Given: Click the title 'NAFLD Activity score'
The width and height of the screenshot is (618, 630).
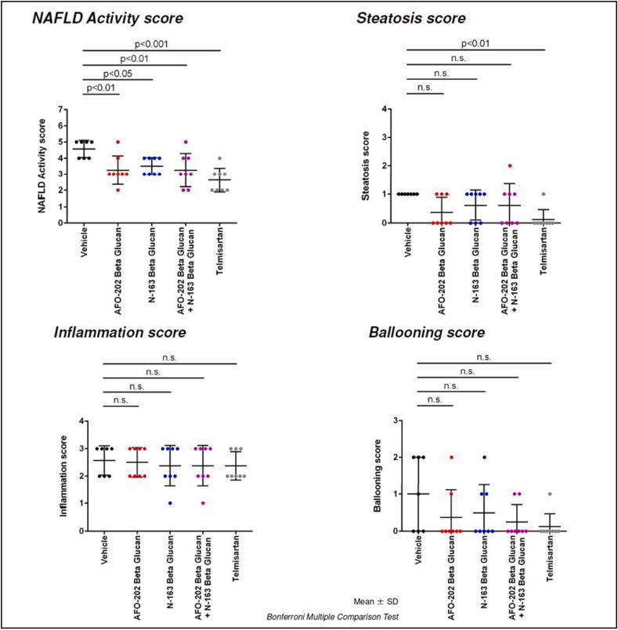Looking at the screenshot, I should click(109, 19).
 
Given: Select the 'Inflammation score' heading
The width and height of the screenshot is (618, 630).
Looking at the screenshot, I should click(119, 332).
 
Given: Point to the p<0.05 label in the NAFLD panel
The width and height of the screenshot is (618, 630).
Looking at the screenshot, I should click(118, 73).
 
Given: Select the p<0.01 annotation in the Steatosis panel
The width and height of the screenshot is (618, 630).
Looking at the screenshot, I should click(475, 44).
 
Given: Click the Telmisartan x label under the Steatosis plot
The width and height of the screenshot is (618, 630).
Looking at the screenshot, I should click(541, 247).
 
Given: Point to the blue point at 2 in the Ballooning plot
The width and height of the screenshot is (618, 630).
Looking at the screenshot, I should click(486, 457).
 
